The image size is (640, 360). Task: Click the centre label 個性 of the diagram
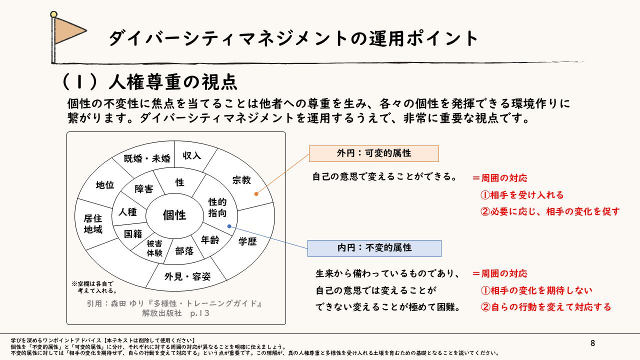[x=174, y=215]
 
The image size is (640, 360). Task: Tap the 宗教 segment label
[x=241, y=180]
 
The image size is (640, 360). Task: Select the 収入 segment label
[x=192, y=155]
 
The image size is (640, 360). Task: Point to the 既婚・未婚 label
[x=147, y=159]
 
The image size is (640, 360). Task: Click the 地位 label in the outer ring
[x=105, y=185]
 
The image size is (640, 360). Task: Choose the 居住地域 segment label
[x=93, y=224]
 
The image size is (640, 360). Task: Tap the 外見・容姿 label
[x=187, y=276]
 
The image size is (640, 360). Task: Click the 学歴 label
[x=247, y=241]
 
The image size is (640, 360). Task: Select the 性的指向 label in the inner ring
[x=217, y=207]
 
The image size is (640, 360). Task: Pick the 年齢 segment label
[x=210, y=240]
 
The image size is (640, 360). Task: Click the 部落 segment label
[x=184, y=251]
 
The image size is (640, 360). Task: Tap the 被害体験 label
[x=154, y=248]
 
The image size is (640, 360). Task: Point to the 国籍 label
[x=133, y=233]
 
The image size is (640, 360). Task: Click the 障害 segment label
[x=144, y=189]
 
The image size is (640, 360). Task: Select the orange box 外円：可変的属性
[x=373, y=153]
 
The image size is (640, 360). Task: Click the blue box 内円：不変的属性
[x=374, y=248]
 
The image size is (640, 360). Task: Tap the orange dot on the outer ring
[x=256, y=193]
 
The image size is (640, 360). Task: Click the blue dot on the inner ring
[x=229, y=226]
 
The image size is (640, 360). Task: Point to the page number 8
[x=592, y=343]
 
